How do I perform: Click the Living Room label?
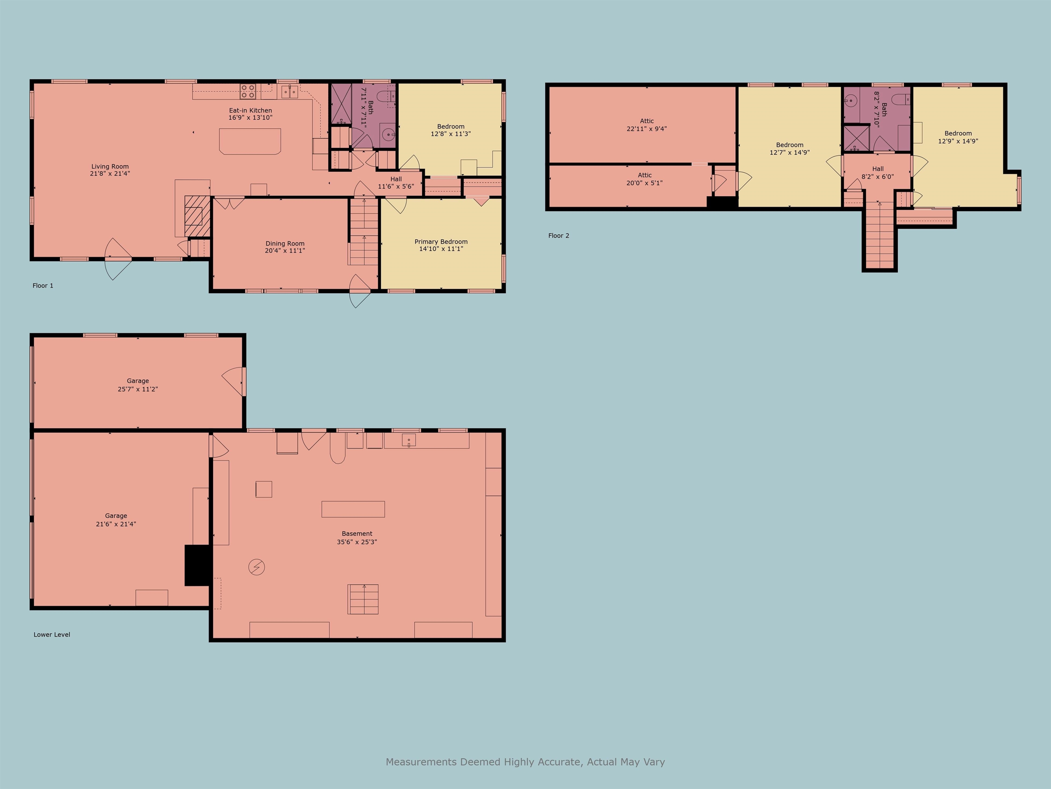click(110, 166)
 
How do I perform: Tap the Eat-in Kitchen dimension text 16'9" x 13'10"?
click(250, 117)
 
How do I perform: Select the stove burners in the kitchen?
click(248, 91)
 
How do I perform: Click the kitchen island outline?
click(250, 141)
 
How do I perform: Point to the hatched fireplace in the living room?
click(197, 216)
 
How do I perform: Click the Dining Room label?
click(285, 243)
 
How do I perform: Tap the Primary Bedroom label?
click(441, 242)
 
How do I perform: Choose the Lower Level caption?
click(52, 635)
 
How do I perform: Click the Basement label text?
click(357, 534)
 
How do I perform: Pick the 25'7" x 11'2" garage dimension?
click(138, 389)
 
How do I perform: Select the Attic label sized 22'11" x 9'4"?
click(647, 121)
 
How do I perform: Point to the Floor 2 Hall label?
click(878, 169)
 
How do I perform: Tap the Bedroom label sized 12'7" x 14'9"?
click(790, 145)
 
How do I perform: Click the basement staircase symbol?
click(363, 599)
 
